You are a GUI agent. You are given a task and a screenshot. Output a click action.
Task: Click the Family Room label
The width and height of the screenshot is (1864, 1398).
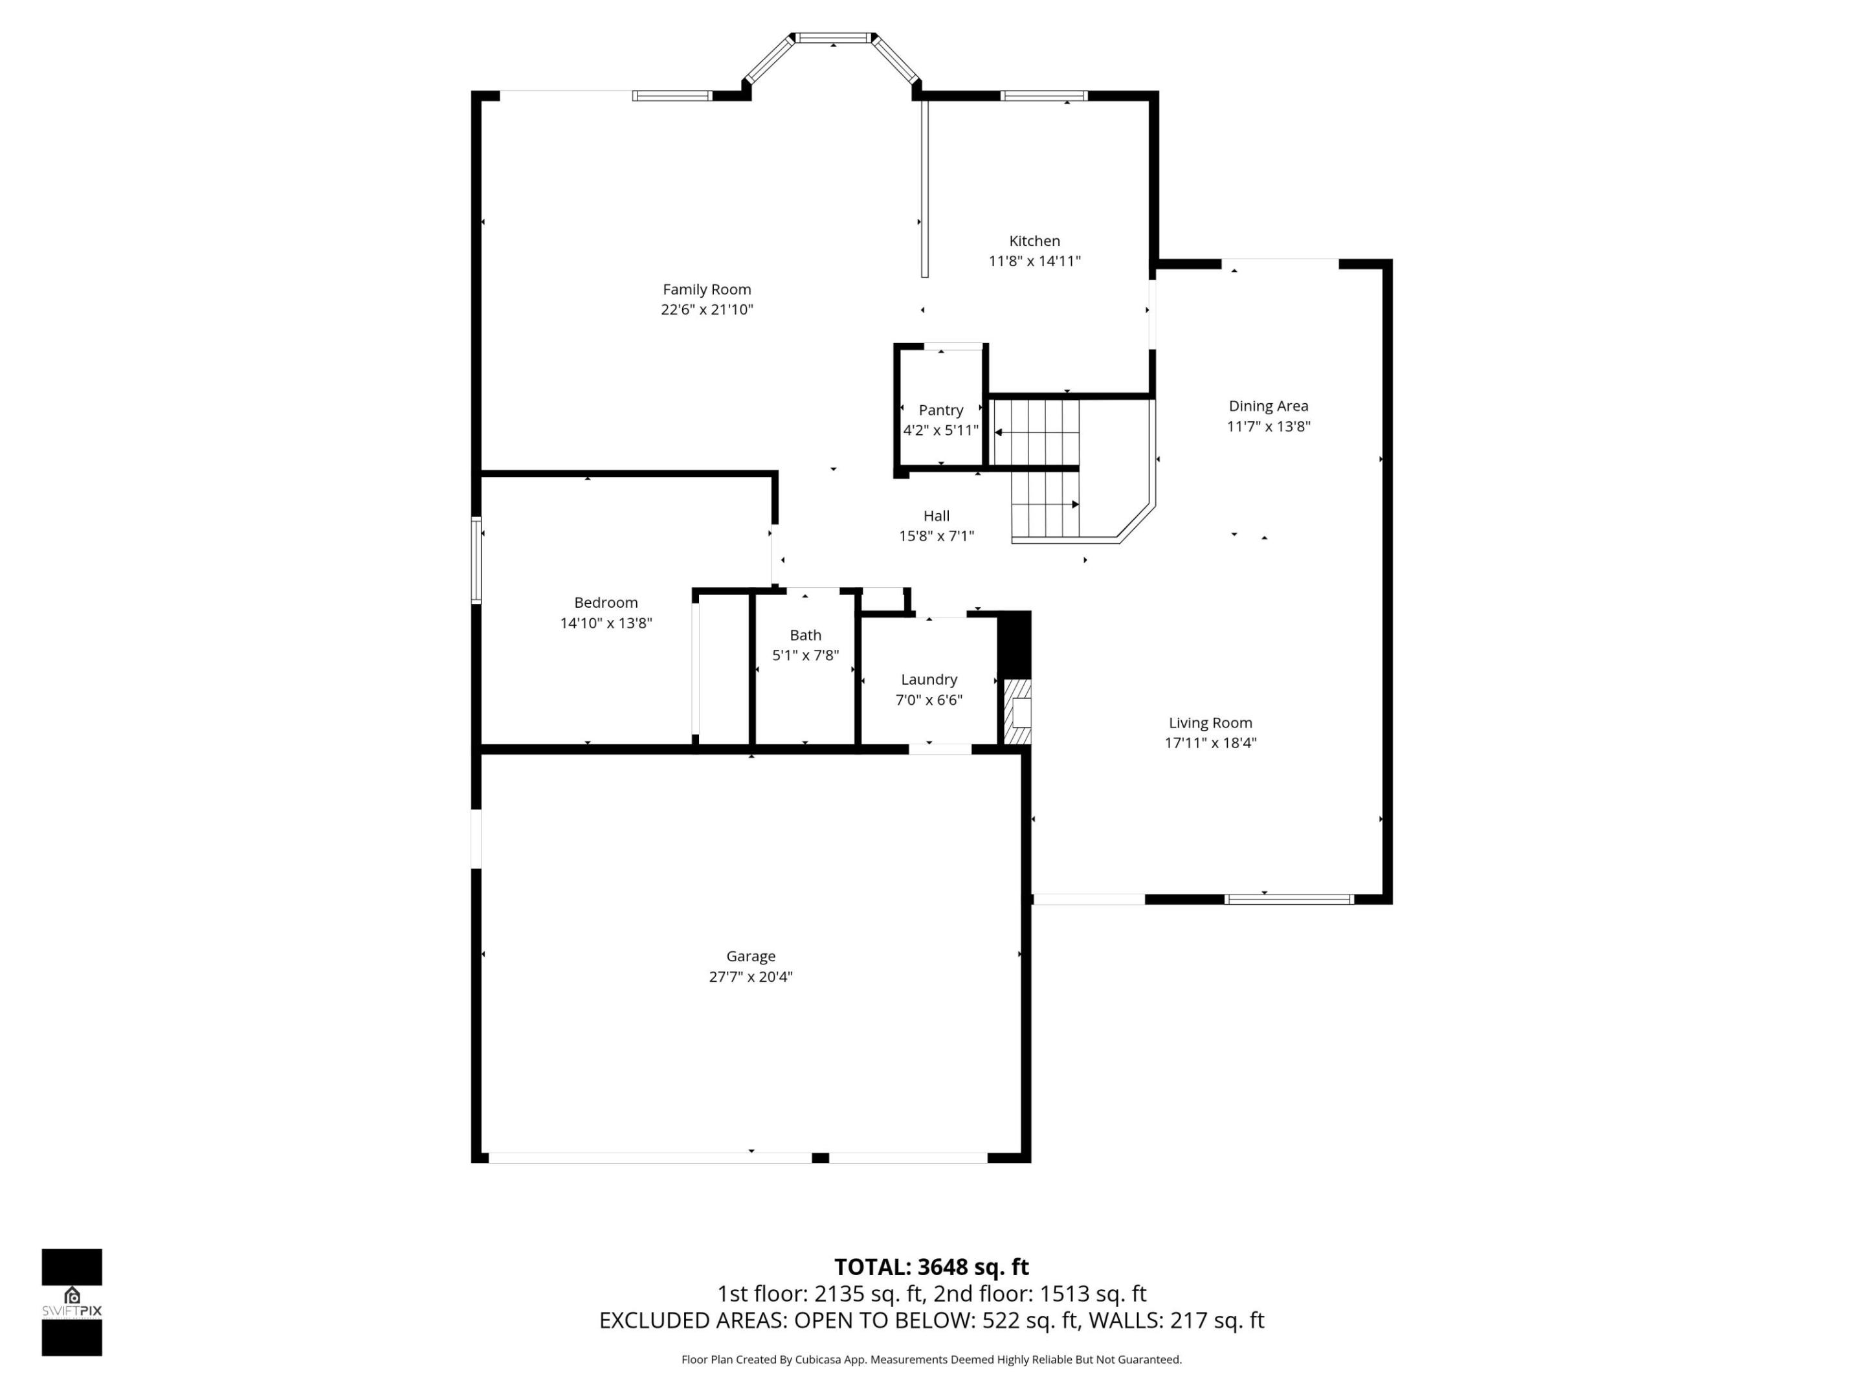tap(706, 289)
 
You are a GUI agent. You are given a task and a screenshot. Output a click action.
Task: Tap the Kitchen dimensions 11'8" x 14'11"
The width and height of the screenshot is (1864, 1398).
tap(1034, 261)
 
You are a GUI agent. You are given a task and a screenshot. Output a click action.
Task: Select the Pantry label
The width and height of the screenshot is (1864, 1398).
tap(940, 410)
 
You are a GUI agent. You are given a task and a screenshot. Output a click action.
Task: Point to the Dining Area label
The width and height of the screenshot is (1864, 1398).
tap(1267, 406)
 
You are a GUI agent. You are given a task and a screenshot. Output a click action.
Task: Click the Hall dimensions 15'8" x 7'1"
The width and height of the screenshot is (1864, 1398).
tap(937, 536)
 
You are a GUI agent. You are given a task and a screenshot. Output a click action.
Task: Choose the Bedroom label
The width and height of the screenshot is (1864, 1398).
tap(605, 603)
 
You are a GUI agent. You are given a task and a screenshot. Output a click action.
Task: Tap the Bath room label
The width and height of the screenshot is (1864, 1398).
tap(804, 636)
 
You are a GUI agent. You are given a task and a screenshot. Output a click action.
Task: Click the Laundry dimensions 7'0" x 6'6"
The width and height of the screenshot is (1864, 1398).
tap(929, 700)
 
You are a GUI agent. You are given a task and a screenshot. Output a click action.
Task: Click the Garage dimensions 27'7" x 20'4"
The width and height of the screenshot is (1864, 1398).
tap(750, 977)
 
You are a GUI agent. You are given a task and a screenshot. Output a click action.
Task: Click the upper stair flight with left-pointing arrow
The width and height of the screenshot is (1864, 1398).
tap(1036, 432)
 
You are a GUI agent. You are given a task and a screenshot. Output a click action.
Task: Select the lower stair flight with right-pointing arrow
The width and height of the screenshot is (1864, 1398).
tap(1045, 505)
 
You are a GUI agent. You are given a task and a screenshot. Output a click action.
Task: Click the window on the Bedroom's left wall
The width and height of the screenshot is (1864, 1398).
tap(476, 560)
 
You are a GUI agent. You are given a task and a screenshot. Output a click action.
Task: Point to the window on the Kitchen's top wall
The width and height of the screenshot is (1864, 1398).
tap(1043, 96)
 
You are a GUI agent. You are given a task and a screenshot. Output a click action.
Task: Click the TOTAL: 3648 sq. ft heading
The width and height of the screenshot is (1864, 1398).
tap(931, 1267)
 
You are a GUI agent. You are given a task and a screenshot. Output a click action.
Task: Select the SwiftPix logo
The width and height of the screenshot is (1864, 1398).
tap(72, 1302)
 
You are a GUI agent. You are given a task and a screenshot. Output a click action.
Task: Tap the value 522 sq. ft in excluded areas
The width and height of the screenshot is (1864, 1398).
tap(1030, 1320)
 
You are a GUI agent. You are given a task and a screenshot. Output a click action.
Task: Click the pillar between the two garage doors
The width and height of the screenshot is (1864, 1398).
tap(820, 1158)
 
